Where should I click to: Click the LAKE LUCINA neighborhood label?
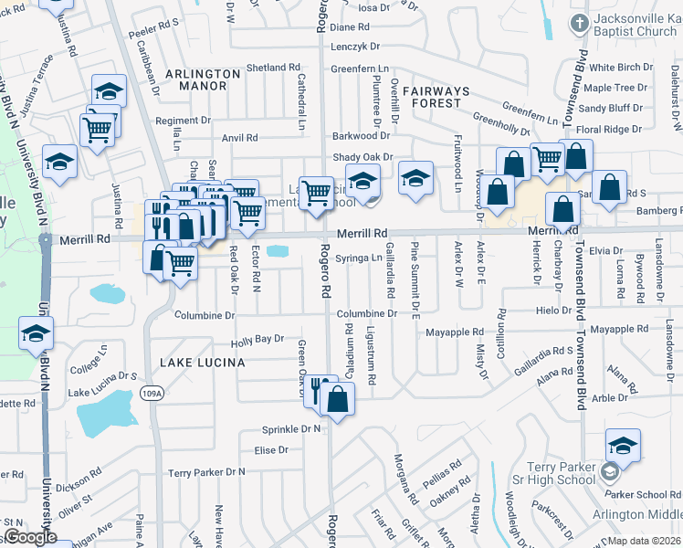(203, 363)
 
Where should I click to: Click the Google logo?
(30, 537)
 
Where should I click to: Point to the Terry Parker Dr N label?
(207, 472)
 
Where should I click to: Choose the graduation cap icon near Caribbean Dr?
(109, 90)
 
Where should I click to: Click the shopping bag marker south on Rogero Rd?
(337, 399)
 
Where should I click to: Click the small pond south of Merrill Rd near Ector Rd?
(277, 251)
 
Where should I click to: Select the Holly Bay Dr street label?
(257, 339)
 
